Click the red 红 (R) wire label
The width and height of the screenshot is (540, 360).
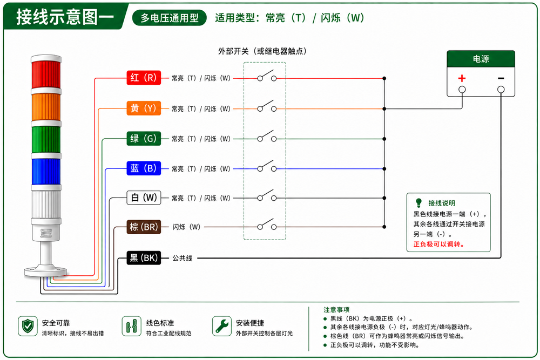point(144,78)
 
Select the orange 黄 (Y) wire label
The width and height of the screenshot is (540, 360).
point(144,108)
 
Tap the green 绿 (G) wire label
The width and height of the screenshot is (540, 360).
point(144,138)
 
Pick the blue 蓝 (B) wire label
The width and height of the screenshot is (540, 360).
point(144,168)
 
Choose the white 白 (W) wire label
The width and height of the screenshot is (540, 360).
point(144,198)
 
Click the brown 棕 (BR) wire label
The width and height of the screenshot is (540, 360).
point(144,227)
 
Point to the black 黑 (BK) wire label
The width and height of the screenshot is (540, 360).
point(144,258)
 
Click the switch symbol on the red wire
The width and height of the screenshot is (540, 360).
point(267,76)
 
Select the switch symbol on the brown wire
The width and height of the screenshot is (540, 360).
point(267,225)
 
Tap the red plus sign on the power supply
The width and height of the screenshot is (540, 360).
point(462,78)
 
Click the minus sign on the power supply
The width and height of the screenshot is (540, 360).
point(501,78)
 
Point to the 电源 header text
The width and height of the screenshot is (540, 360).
point(481,59)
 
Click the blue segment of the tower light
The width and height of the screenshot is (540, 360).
point(46,172)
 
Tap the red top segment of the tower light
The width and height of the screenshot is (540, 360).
point(46,75)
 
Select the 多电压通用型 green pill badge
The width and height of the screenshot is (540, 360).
point(170,18)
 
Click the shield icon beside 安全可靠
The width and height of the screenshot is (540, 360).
point(28,326)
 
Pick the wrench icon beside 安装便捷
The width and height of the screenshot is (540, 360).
point(222,326)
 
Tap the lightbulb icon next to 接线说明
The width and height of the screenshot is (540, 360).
point(418,202)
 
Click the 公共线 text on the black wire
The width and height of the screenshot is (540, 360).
point(183,258)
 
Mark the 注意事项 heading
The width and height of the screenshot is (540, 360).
point(336,309)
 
